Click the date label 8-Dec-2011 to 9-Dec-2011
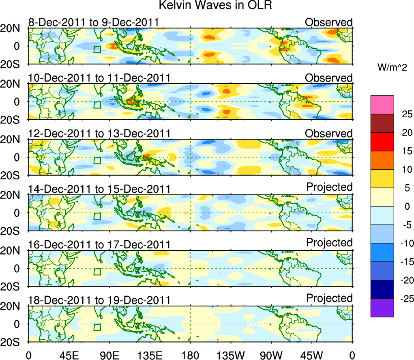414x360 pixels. click(93, 22)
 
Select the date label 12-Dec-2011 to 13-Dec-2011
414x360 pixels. click(99, 134)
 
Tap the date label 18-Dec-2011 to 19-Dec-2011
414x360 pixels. click(99, 300)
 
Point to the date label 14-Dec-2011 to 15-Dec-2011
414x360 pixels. click(99, 189)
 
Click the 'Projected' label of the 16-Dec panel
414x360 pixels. click(329, 243)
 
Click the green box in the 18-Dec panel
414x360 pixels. click(97, 328)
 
